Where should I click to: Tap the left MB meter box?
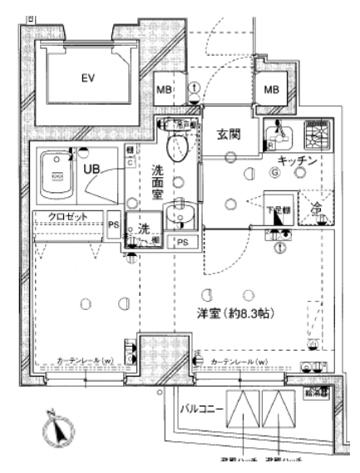[165, 91]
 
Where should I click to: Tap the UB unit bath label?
[91, 169]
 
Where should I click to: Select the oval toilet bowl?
[177, 149]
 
